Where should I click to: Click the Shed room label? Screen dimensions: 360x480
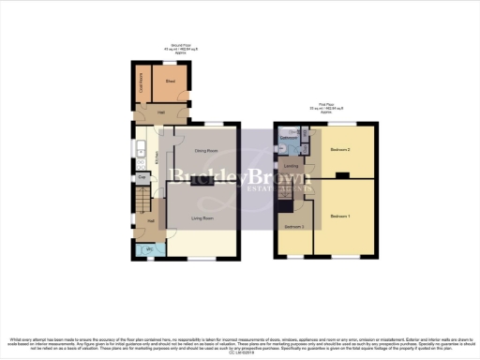[171, 82]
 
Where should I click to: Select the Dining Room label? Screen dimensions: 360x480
[206, 151]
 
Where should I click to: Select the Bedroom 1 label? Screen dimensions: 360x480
[341, 217]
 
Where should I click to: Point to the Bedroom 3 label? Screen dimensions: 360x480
[294, 228]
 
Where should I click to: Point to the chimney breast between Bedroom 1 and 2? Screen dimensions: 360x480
[341, 175]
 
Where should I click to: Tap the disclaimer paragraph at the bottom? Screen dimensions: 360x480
[239, 341]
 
